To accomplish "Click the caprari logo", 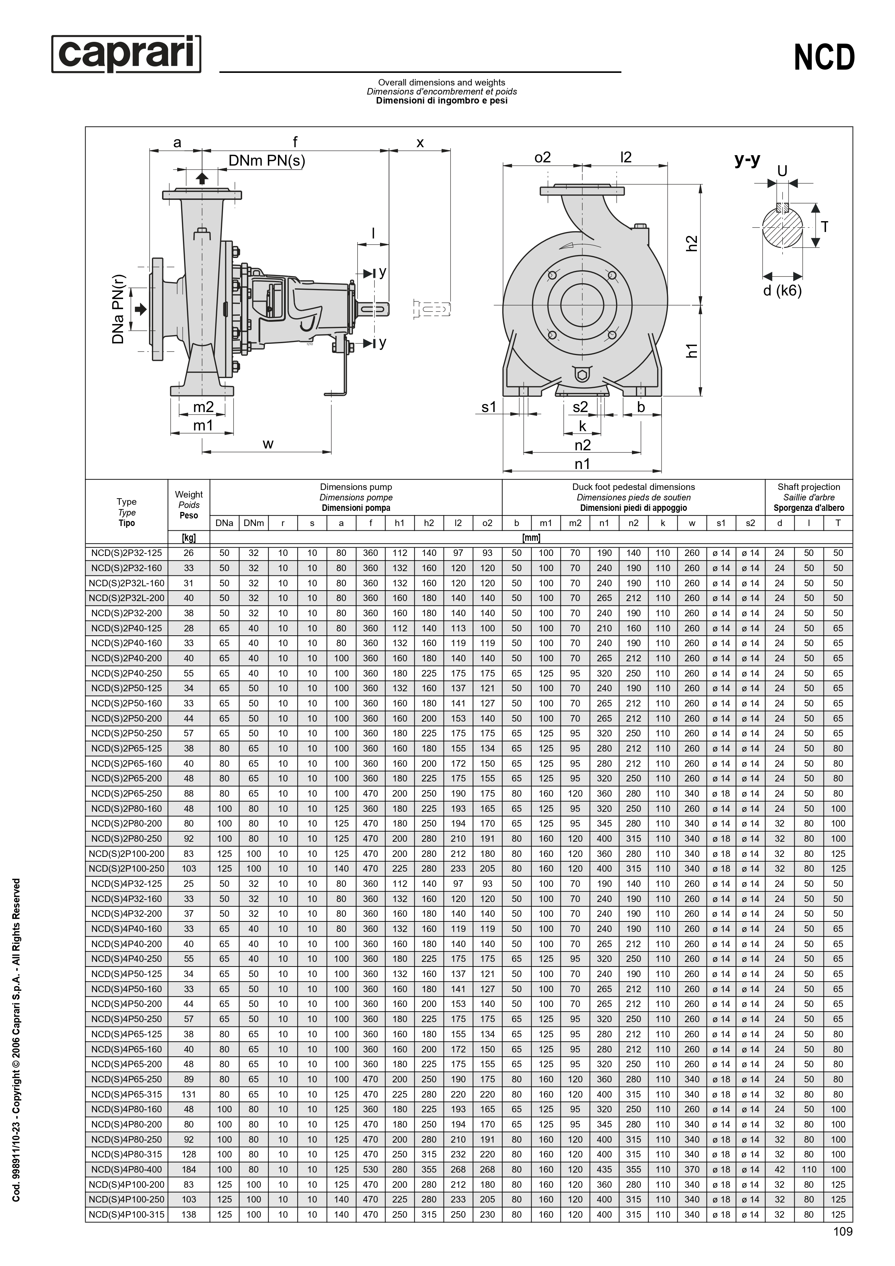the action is (x=126, y=54).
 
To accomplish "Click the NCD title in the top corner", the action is (x=824, y=57).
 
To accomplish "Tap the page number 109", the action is (x=843, y=1247).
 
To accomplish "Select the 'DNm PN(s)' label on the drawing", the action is (x=267, y=161).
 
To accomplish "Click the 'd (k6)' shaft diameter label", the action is (x=782, y=290).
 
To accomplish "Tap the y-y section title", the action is (x=747, y=160).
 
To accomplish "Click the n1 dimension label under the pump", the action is (x=582, y=464).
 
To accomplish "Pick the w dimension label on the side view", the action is (x=268, y=444).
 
